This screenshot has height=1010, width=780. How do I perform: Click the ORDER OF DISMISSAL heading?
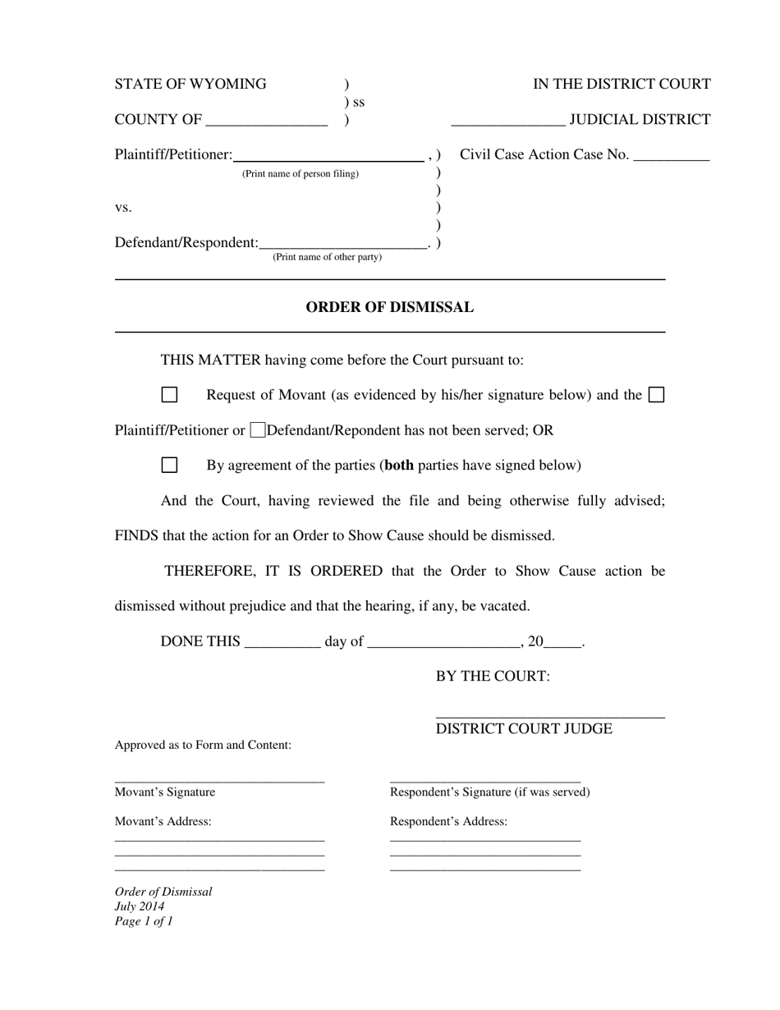click(389, 308)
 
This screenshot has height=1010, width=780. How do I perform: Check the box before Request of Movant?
click(169, 395)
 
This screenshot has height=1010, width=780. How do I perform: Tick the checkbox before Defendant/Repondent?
click(258, 429)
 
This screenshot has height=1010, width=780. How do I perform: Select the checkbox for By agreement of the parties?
click(169, 466)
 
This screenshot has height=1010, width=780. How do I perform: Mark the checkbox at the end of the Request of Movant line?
click(656, 395)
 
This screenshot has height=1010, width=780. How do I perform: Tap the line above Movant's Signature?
click(219, 781)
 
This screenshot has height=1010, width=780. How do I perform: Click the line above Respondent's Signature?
click(485, 781)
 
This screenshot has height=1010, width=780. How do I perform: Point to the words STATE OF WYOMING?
click(190, 85)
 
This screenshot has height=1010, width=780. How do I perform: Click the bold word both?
click(399, 466)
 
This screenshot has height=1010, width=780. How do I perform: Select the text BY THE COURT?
click(493, 677)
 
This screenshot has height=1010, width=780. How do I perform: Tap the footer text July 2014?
click(140, 907)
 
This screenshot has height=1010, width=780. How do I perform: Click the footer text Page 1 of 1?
click(144, 921)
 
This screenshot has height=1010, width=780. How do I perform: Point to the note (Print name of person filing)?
click(300, 174)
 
